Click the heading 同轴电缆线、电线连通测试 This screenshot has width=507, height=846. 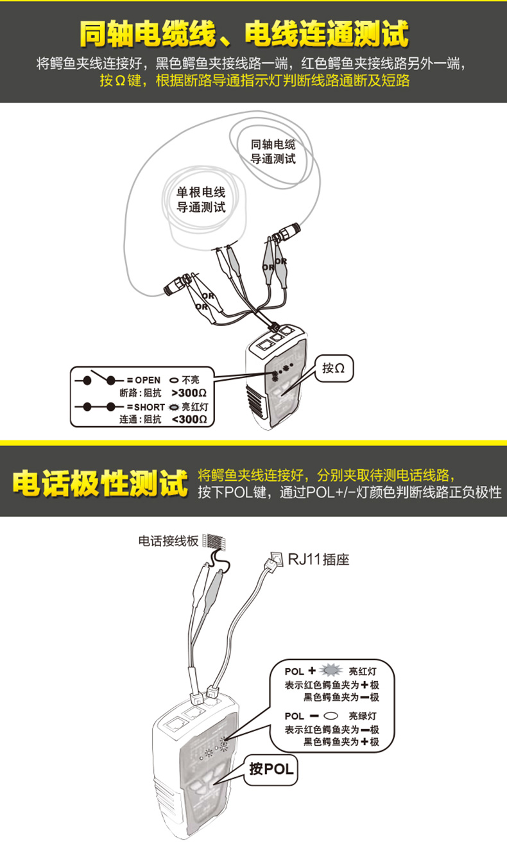coord(245,34)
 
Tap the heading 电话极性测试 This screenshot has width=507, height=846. coord(100,483)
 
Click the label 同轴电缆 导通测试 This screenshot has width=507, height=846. coord(273,151)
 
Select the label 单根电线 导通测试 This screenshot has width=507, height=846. coord(201,200)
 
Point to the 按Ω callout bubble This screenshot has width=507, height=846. coord(334,368)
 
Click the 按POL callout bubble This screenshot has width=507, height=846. coord(271,768)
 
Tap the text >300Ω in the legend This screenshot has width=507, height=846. coord(189,393)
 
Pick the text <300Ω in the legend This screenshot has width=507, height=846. coord(189,419)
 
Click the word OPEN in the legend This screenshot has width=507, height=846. coord(148,380)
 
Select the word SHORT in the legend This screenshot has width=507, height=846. coord(150,407)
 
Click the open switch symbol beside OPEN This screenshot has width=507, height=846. coord(99,378)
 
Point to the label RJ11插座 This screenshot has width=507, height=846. coord(318,559)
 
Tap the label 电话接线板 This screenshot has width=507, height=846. coord(168,541)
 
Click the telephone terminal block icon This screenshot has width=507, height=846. coord(215,541)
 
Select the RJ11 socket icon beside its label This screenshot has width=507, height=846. coord(277,558)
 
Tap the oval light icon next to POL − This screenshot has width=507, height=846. coord(331,715)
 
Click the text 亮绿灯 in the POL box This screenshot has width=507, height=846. coord(363,715)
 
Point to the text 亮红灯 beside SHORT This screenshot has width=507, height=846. coord(195,407)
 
